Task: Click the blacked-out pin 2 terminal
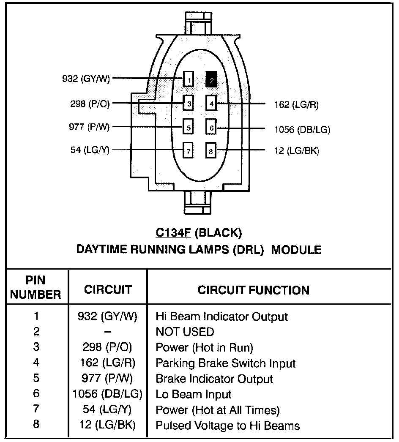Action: [x=211, y=79]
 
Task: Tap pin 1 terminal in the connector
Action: [x=189, y=79]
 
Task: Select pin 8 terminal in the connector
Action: [x=211, y=150]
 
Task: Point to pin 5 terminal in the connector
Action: [x=189, y=126]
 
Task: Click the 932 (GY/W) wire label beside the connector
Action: [x=86, y=79]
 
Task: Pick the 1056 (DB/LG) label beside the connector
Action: [x=302, y=129]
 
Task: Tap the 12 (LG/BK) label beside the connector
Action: [x=296, y=151]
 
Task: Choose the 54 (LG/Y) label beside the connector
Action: [x=90, y=150]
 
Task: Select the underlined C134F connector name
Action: [x=173, y=233]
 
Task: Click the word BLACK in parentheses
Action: [x=219, y=233]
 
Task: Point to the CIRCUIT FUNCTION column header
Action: [x=253, y=290]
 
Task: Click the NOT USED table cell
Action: [x=185, y=332]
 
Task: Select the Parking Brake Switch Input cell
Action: [x=226, y=363]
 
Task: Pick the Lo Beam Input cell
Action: [x=194, y=394]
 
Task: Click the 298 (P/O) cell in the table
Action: [x=107, y=347]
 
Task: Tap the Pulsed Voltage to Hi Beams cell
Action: [x=228, y=426]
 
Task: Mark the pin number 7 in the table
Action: [x=36, y=409]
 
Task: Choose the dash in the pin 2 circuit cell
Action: [x=107, y=332]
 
